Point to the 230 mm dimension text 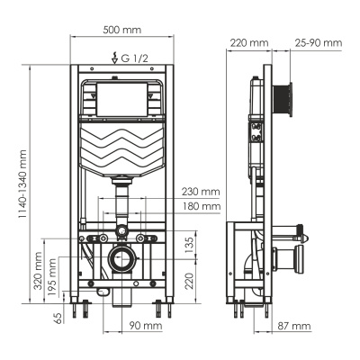click(x=199, y=192)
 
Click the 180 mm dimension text click(x=199, y=207)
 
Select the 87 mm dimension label click(x=294, y=326)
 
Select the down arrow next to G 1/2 click(x=113, y=59)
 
